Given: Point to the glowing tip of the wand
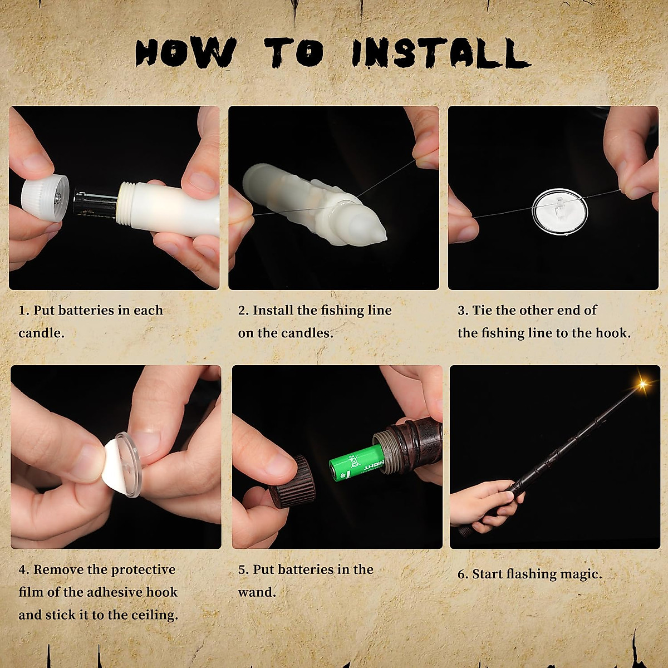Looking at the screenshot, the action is coord(642,384).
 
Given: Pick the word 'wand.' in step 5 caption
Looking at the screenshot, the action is coord(257,592).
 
